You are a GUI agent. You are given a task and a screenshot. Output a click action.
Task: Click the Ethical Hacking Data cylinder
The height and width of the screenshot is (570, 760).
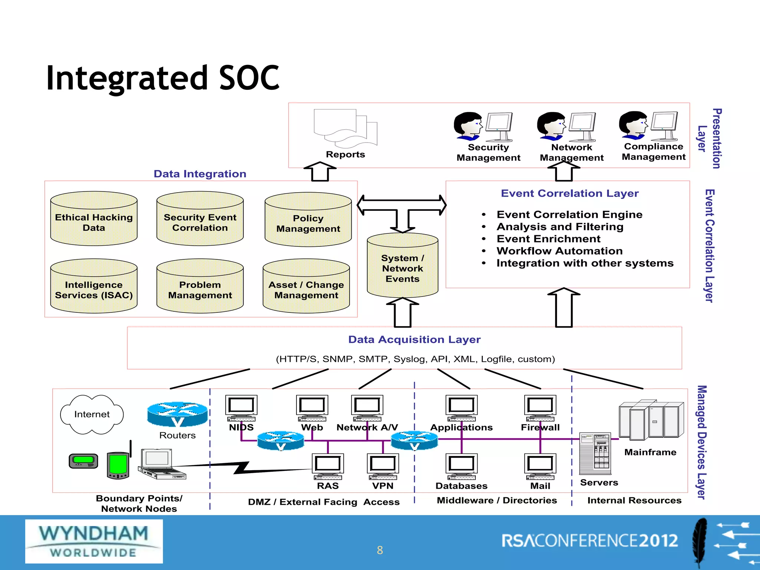(94, 219)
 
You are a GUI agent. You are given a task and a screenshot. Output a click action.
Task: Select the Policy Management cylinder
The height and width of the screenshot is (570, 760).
(308, 220)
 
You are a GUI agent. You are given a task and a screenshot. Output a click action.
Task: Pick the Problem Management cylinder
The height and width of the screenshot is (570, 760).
(200, 286)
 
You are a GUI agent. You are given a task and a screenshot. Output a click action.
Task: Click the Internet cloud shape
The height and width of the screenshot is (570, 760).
(92, 414)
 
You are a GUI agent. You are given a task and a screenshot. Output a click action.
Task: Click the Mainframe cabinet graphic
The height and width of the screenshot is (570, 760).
(651, 420)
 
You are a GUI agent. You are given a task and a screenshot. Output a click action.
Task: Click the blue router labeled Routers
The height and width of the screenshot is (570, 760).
(177, 414)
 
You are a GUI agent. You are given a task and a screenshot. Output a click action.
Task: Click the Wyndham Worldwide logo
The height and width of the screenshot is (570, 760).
(94, 541)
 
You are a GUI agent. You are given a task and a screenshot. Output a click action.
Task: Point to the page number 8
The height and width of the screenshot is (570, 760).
(380, 550)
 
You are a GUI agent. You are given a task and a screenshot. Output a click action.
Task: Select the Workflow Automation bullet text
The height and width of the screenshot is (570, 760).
(559, 251)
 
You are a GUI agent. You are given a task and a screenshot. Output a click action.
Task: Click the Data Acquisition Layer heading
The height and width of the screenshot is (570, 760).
(414, 340)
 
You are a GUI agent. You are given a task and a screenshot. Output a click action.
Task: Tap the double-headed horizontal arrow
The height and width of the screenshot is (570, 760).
(402, 205)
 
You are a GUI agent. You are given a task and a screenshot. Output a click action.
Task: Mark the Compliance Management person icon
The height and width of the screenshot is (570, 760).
(634, 125)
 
